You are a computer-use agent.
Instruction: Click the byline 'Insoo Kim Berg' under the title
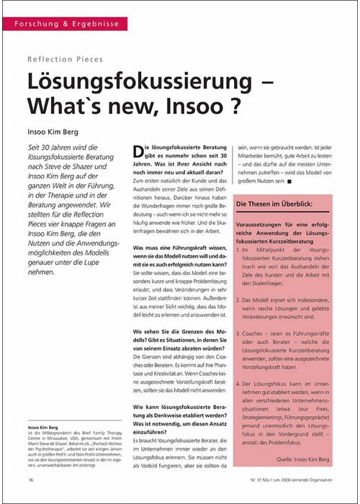[58, 132]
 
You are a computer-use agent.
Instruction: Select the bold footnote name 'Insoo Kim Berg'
[44, 427]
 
